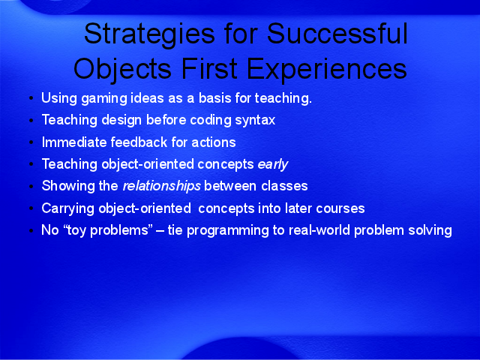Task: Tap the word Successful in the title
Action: click(337, 33)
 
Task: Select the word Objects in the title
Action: click(122, 68)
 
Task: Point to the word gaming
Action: click(104, 99)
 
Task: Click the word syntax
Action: click(255, 120)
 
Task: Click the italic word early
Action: click(273, 165)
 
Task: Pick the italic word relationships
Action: click(162, 187)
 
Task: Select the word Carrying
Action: click(68, 209)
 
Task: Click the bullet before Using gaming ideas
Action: click(31, 98)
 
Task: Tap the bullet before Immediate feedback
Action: click(31, 142)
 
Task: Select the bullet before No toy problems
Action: click(31, 230)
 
